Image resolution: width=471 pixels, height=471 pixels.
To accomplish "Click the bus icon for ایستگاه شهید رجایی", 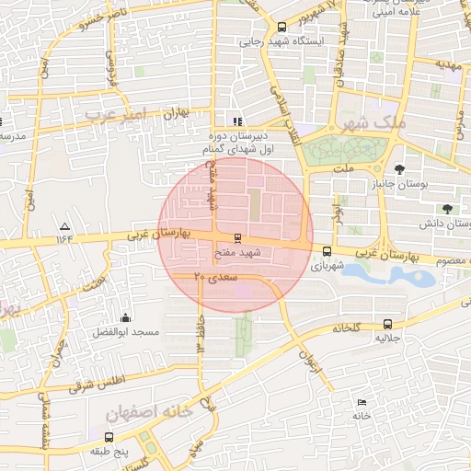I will click(281, 27).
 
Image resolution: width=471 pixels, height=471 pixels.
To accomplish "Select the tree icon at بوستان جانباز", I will click(399, 169).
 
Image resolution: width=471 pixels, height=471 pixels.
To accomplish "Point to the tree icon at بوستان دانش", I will click(447, 209).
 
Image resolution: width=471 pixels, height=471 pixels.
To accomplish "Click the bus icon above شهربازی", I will click(327, 250).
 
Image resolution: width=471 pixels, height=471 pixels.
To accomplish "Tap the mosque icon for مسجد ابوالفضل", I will click(126, 317).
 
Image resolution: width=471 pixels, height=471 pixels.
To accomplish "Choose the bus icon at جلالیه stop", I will click(387, 325).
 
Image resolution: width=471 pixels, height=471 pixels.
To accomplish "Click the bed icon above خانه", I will click(361, 402).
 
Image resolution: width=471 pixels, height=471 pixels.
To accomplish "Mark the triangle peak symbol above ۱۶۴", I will click(64, 226).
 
